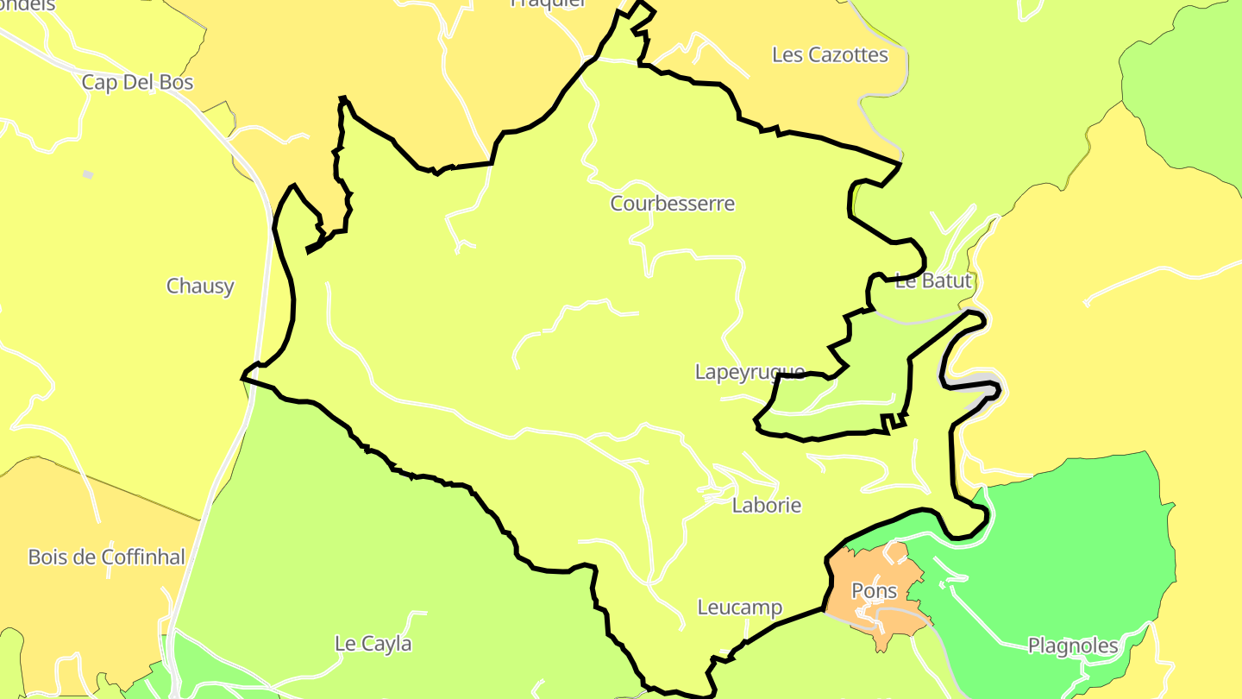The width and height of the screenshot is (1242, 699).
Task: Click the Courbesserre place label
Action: pyautogui.click(x=673, y=204)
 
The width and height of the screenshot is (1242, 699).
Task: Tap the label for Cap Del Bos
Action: pyautogui.click(x=137, y=82)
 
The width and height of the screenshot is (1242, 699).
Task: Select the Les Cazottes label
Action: pyautogui.click(x=830, y=55)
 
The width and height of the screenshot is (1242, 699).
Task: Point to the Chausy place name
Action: pyautogui.click(x=200, y=287)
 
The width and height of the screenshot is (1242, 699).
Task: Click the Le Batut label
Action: pyautogui.click(x=933, y=280)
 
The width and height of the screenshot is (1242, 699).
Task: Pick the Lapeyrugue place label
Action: pyautogui.click(x=750, y=372)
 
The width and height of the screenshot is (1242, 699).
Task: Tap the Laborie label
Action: pyautogui.click(x=767, y=506)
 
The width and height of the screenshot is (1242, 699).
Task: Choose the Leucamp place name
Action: pyautogui.click(x=739, y=608)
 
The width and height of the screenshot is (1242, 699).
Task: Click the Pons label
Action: pyautogui.click(x=875, y=592)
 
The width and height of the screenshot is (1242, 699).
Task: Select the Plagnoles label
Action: pyautogui.click(x=1073, y=646)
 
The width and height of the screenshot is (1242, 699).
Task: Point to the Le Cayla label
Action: pyautogui.click(x=373, y=644)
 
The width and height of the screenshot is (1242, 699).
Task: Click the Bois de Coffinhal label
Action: pyautogui.click(x=107, y=557)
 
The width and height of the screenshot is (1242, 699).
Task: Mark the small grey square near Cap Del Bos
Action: pyautogui.click(x=87, y=175)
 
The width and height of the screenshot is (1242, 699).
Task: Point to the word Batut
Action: pyautogui.click(x=946, y=280)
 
